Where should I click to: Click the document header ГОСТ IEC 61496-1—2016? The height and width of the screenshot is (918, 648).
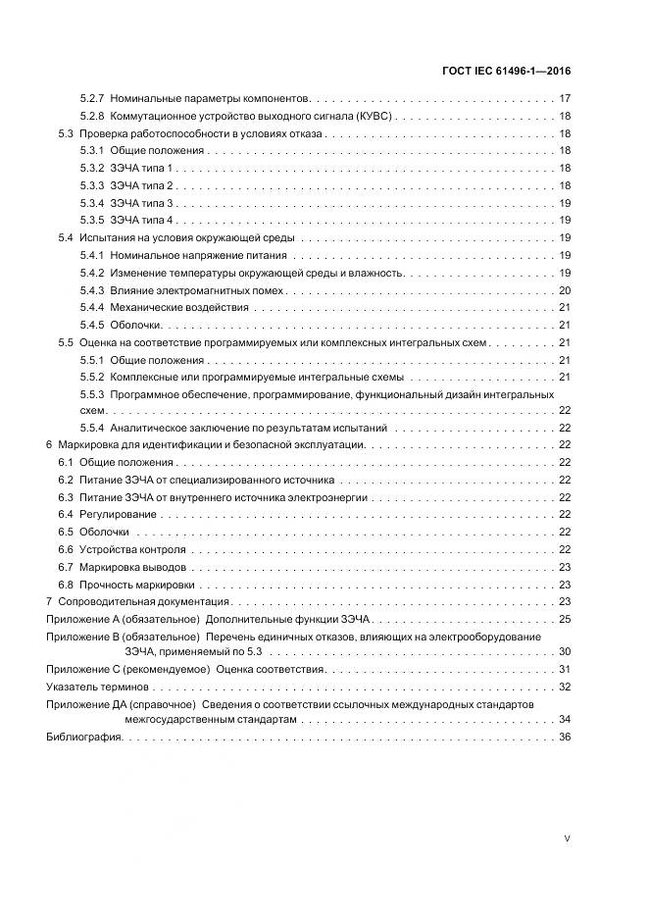point(508,71)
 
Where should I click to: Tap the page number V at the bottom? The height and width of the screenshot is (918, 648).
point(568,839)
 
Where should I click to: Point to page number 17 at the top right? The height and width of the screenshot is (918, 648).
point(565,99)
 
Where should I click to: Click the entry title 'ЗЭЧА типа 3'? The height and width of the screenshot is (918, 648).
point(142,203)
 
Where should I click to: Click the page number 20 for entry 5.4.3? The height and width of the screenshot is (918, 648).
point(565,290)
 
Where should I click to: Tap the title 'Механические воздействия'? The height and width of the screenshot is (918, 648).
point(179,308)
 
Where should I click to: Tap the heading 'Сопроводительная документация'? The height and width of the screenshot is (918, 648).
point(143,601)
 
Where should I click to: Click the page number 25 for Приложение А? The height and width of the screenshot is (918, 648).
point(565,619)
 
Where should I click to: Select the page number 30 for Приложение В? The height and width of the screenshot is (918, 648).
point(565,651)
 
